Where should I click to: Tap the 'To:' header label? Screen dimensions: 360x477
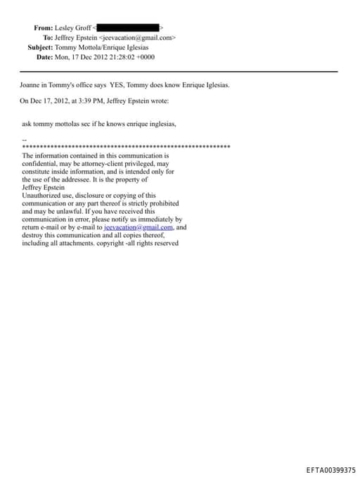tap(48, 37)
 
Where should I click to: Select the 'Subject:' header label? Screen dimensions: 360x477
tap(40, 47)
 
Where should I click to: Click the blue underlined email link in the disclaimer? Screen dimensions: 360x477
tap(138, 228)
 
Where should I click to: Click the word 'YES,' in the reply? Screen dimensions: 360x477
tap(117, 85)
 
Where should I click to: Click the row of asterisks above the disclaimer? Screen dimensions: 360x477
tap(127, 146)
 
